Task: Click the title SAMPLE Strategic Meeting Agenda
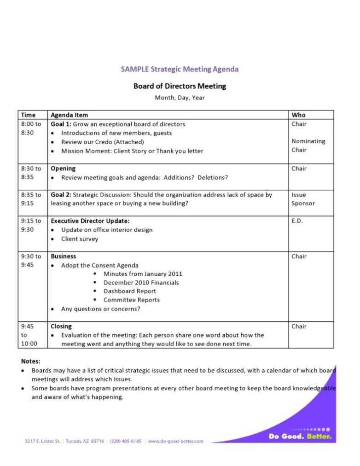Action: pos(180,70)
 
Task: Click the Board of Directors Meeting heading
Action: pos(180,86)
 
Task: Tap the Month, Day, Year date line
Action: pos(180,98)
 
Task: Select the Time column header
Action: pos(28,115)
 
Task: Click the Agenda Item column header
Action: pos(69,115)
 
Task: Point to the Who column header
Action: pos(298,115)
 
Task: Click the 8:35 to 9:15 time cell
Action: pos(31,199)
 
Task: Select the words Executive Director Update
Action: pos(90,221)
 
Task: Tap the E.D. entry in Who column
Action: pos(296,221)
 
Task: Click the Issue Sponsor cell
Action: pos(303,199)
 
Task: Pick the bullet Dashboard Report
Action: pos(130,291)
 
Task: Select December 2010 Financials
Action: pos(141,283)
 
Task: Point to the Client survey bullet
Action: pos(80,239)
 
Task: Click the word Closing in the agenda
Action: pos(61,326)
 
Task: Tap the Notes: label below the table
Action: pos(30,361)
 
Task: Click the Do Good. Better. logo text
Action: pos(300,437)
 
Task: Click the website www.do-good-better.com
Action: pos(175,441)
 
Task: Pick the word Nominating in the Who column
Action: pos(308,141)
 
